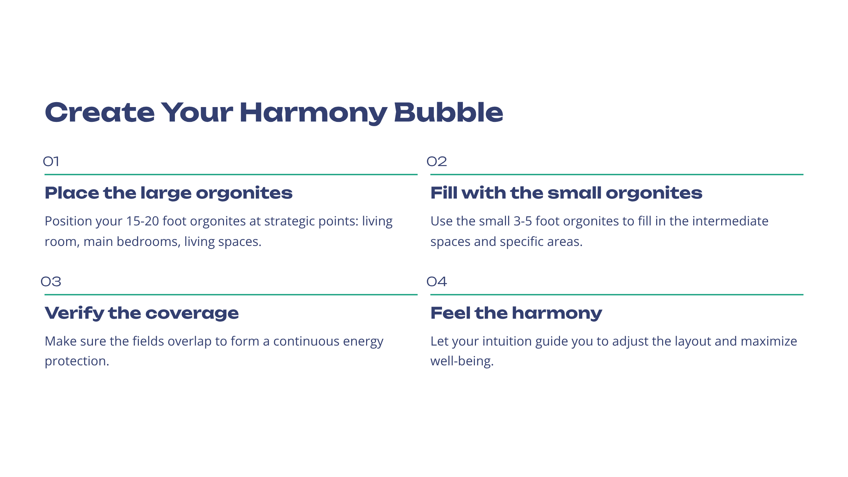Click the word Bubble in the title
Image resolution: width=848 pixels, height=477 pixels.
(448, 112)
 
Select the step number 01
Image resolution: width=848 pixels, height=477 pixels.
(51, 161)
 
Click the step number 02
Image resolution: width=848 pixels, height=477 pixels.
(437, 161)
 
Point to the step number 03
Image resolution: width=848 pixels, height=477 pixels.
(51, 282)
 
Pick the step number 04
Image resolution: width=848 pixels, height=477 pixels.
(437, 282)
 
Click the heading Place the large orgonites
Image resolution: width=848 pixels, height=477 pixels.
(169, 193)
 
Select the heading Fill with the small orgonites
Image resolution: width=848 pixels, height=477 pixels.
(566, 193)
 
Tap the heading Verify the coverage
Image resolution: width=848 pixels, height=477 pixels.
(142, 313)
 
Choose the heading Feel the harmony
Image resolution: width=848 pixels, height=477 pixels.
(516, 313)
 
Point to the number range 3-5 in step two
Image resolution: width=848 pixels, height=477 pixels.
(523, 221)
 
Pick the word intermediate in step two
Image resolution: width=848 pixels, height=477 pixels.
(730, 221)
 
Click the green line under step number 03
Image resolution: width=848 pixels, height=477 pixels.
(231, 294)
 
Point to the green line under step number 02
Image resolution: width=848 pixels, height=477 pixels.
(617, 174)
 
